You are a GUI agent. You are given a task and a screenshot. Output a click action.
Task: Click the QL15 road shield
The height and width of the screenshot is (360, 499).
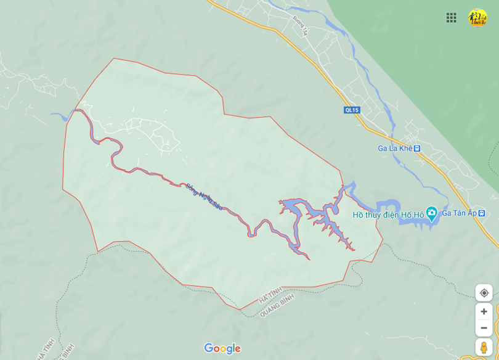click(x=352, y=110)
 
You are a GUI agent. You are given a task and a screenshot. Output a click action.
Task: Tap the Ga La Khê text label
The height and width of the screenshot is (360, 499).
click(x=395, y=149)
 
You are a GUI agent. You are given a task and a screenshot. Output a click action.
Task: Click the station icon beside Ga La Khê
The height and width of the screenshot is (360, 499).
click(x=417, y=149)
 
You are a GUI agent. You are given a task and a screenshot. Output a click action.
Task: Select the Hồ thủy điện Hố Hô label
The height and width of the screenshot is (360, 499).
click(x=388, y=215)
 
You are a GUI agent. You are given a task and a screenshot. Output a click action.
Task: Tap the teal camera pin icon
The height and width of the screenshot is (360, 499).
click(x=431, y=213)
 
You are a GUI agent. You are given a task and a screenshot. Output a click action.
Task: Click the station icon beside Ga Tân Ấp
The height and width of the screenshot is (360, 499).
click(x=482, y=213)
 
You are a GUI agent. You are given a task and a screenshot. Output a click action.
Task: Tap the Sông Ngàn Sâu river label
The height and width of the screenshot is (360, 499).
click(x=204, y=197)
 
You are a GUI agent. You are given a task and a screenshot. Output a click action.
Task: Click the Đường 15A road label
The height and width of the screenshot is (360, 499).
click(x=300, y=25)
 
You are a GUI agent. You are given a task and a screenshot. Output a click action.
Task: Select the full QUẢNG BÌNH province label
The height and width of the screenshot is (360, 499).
click(x=277, y=305)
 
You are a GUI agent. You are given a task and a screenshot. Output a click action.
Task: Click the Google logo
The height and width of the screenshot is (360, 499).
click(x=222, y=349)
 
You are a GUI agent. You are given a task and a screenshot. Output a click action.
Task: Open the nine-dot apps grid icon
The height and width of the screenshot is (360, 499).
click(x=452, y=17)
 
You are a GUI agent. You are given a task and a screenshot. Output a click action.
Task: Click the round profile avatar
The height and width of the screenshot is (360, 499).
click(x=477, y=17)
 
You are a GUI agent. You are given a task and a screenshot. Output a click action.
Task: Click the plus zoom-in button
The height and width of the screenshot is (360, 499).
click(x=484, y=311)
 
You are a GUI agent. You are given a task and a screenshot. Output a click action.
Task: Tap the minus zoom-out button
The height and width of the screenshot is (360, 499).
click(x=484, y=327)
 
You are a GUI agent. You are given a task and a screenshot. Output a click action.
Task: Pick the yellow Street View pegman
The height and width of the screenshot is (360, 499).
click(x=484, y=348)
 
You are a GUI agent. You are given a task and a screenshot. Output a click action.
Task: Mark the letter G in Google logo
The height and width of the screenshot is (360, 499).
click(x=209, y=348)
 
